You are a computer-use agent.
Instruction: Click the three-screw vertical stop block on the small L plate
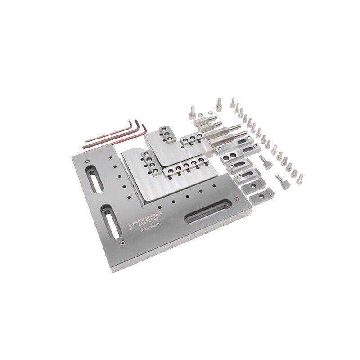pyautogui.click(x=166, y=134)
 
